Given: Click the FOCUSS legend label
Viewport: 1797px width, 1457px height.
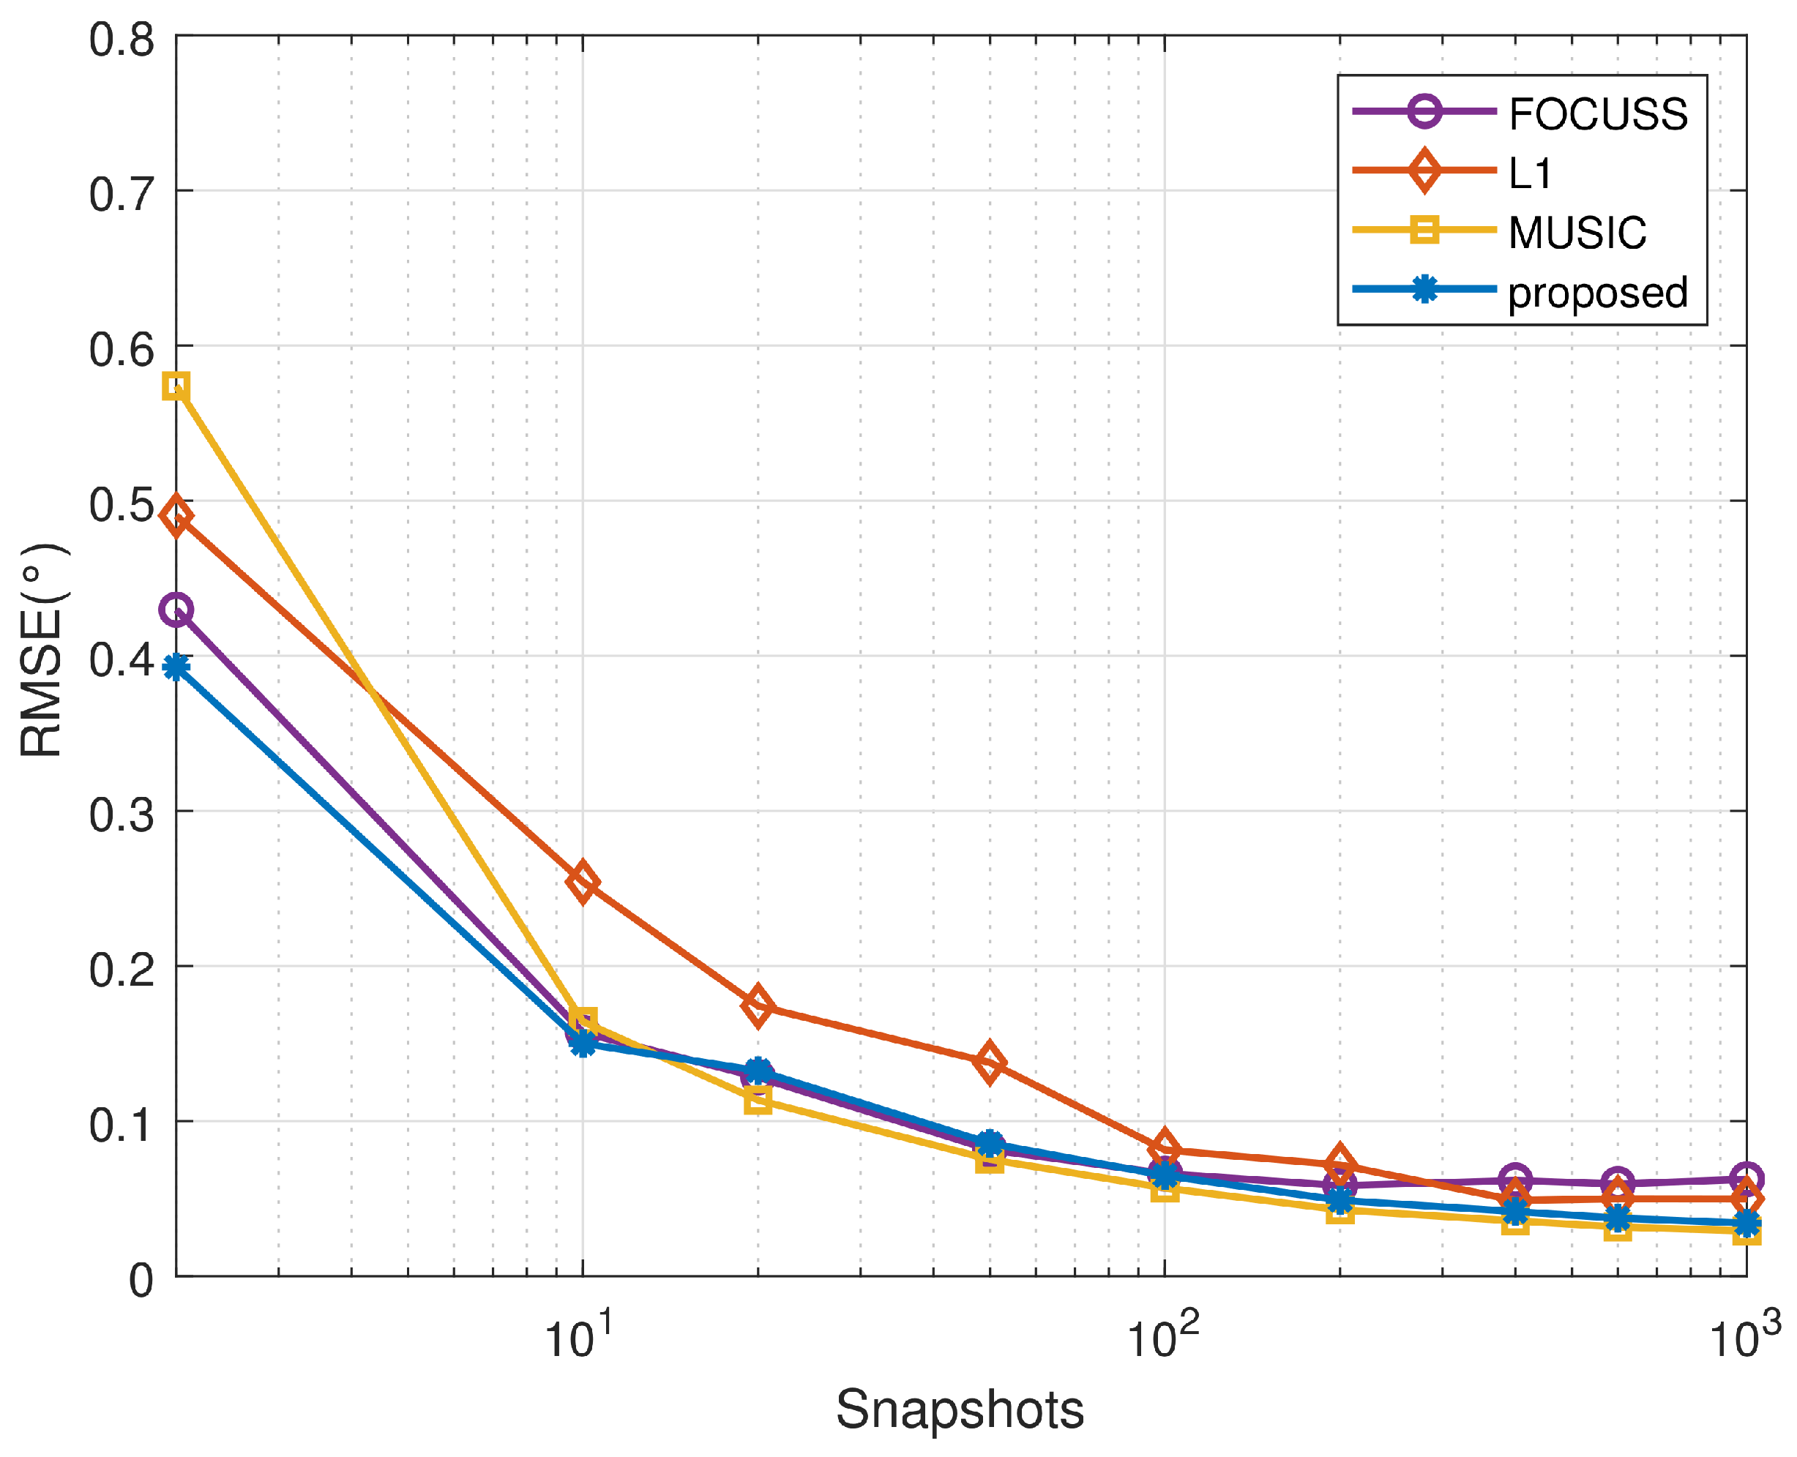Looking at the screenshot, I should [1596, 114].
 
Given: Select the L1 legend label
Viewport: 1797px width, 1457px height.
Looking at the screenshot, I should [1529, 173].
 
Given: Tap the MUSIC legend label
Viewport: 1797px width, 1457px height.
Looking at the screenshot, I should [1576, 233].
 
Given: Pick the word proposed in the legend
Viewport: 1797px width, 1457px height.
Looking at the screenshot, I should [1596, 293].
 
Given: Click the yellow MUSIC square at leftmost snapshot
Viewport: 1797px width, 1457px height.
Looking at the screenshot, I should [176, 387].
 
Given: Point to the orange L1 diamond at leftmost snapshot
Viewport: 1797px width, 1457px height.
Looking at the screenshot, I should [176, 516].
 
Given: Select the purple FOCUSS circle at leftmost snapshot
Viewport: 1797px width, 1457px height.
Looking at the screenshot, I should [176, 610].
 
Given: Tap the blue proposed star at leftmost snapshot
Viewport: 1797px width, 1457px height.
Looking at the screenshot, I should [176, 668].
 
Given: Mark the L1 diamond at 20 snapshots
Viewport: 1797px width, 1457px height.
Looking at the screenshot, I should [758, 1005].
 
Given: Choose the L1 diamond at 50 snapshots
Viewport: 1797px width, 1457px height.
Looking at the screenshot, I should [990, 1063].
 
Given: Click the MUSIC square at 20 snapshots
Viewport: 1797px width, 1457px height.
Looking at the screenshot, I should [758, 1101].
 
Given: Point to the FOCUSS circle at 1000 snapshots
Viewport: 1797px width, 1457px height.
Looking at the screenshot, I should [1746, 1178].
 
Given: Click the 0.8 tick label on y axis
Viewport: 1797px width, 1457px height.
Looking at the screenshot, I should [122, 40].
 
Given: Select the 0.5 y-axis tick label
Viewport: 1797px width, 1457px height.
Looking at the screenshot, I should [122, 504].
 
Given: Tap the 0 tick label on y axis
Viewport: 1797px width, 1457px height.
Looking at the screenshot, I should [141, 1281].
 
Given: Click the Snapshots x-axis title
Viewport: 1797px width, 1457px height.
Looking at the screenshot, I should [960, 1410].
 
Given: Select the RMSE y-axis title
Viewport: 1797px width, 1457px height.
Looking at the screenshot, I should [42, 651].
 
